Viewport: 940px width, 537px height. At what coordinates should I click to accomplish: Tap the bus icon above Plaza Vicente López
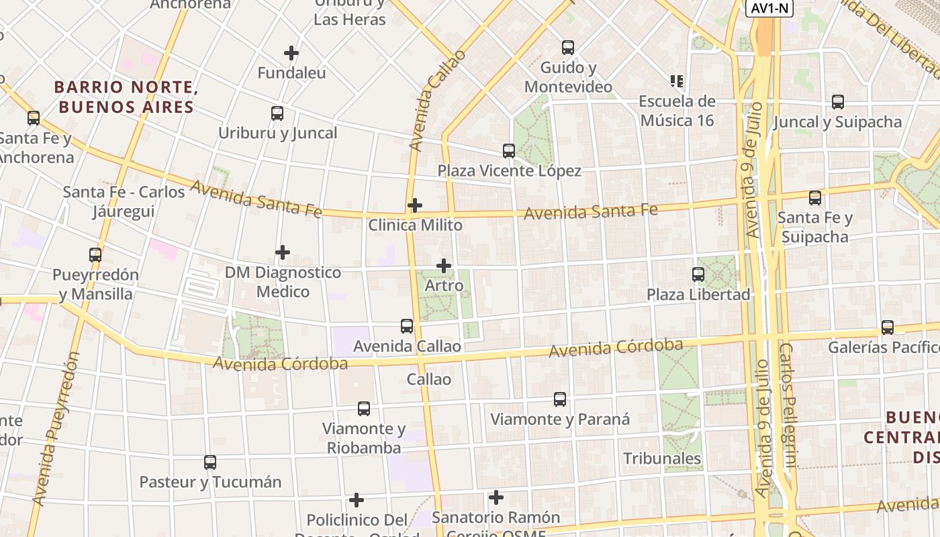[x=509, y=151]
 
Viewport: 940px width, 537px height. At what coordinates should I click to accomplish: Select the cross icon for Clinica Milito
[x=415, y=205]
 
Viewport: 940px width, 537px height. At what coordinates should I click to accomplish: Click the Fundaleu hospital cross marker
[x=291, y=53]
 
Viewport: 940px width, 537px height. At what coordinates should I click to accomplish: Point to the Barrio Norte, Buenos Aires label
[x=126, y=97]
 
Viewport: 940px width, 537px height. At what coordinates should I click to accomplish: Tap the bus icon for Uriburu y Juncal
[x=277, y=113]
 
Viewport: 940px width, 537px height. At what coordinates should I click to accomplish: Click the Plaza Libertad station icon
[x=698, y=275]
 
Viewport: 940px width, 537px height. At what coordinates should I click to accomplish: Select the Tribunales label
[x=662, y=459]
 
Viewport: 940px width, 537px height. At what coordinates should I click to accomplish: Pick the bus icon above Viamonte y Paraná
[x=560, y=399]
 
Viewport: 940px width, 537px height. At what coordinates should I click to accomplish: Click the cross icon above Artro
[x=444, y=266]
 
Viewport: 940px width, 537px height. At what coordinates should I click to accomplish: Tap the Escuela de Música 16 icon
[x=677, y=81]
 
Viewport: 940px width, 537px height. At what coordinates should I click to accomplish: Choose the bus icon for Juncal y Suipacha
[x=838, y=102]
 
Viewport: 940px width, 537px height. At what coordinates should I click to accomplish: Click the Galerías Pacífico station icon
[x=888, y=328]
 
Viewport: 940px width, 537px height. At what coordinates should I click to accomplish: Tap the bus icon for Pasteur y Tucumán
[x=210, y=462]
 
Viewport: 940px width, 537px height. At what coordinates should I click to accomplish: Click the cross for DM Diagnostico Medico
[x=283, y=252]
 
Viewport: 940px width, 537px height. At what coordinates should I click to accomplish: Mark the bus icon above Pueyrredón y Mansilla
[x=95, y=255]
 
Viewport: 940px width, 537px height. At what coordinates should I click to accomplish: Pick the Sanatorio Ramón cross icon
[x=496, y=497]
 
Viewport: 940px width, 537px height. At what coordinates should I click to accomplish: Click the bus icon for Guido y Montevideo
[x=568, y=48]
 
